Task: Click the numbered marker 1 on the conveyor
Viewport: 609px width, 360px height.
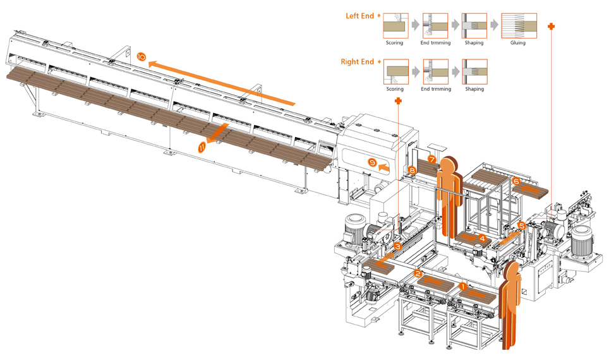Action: [x=462, y=287]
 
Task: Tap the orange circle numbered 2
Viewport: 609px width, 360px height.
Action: [x=418, y=273]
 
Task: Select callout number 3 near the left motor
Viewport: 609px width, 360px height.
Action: [x=397, y=246]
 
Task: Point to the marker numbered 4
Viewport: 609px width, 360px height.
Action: [x=482, y=239]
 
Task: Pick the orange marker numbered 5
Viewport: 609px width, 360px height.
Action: [x=521, y=225]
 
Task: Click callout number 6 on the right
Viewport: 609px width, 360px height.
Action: [x=516, y=181]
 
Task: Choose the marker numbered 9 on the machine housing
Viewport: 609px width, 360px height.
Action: [x=372, y=162]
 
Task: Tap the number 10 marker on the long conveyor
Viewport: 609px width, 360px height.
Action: [x=141, y=57]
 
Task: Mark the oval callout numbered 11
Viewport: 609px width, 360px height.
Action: [x=202, y=147]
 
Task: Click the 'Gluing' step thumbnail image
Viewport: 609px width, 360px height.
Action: [x=519, y=26]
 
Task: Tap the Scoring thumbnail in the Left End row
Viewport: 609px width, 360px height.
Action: [x=395, y=26]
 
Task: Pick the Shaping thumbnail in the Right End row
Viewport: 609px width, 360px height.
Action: [x=474, y=72]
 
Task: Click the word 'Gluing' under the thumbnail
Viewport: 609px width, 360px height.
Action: [x=518, y=43]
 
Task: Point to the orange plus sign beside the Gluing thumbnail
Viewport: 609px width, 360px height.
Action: [x=551, y=27]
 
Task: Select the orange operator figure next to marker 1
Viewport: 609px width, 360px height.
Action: [x=510, y=303]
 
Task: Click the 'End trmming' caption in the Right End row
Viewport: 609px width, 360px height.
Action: [x=435, y=89]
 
